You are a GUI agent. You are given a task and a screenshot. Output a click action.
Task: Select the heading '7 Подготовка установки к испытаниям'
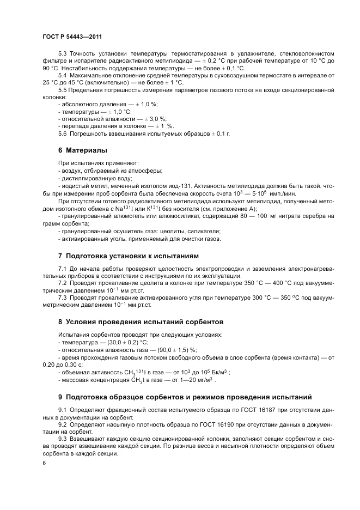point(129,256)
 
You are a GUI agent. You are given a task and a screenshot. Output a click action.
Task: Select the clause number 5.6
point(62,133)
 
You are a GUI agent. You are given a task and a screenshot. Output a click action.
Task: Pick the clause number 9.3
point(62,438)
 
